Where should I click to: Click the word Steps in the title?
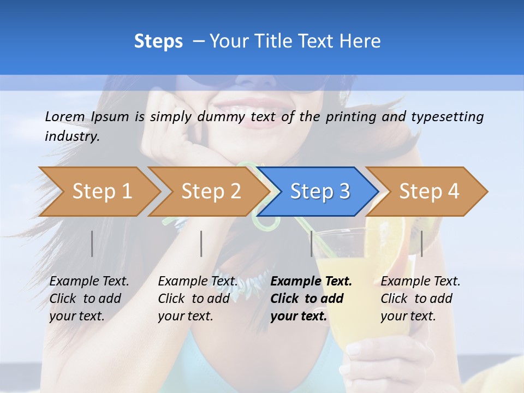point(158,41)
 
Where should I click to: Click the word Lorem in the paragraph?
point(65,116)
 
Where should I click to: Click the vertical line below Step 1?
point(92,243)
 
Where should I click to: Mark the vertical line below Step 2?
point(201,243)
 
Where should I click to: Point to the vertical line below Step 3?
point(311,243)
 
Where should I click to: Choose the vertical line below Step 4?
point(421,243)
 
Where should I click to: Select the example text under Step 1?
point(89,299)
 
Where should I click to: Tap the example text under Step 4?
point(420,299)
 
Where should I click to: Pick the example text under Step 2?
point(198,299)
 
